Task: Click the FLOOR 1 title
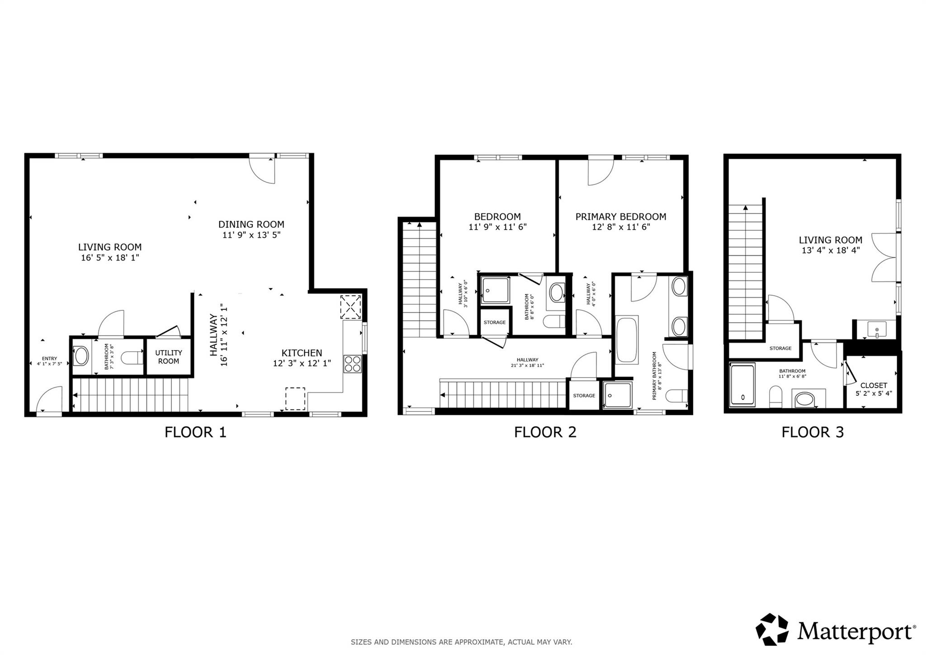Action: (x=195, y=432)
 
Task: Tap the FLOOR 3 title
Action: (x=813, y=432)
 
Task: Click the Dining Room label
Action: (x=251, y=224)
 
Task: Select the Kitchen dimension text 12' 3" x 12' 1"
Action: (x=302, y=363)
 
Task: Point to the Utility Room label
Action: (x=168, y=357)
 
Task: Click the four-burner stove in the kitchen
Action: (x=353, y=364)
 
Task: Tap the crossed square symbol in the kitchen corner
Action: (x=351, y=307)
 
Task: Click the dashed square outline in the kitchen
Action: (x=295, y=399)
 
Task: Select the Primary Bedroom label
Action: (x=620, y=217)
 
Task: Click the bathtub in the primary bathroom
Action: (x=627, y=340)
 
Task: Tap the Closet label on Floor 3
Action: (x=874, y=385)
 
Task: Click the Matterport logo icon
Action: (x=772, y=629)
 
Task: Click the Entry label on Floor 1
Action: (x=49, y=358)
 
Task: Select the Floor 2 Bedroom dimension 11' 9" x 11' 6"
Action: (x=497, y=227)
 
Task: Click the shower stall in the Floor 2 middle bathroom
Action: (x=495, y=290)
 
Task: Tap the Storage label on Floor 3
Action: (x=780, y=348)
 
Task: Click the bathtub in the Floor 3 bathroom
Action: (x=742, y=385)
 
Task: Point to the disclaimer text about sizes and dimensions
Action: (x=461, y=642)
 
